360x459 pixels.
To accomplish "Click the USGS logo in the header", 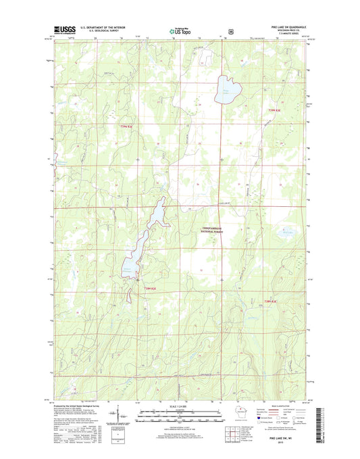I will tap(61, 30).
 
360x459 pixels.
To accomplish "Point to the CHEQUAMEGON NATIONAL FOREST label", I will tap(216, 230).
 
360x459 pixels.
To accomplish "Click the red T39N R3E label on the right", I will tap(273, 110).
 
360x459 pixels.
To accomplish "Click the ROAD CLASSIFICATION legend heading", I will tap(284, 407).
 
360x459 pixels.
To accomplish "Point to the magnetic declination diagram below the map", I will tap(118, 414).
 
